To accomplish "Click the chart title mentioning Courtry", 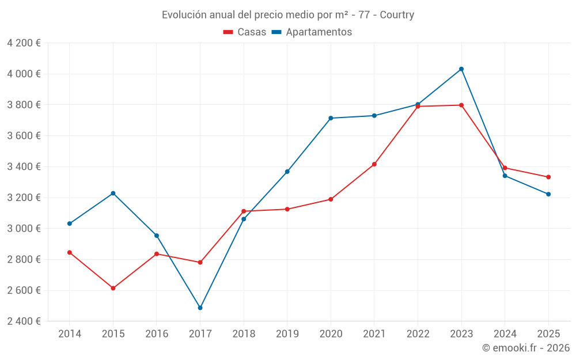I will click(288, 15).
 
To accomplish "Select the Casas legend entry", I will click(245, 32).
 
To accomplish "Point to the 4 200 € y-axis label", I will click(24, 43).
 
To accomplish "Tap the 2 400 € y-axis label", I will click(24, 321).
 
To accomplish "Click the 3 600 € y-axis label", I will click(24, 136).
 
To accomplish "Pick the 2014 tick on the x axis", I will click(70, 334).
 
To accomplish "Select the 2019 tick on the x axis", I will click(287, 334).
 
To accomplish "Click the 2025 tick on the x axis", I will click(548, 334).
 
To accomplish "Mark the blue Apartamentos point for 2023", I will click(461, 69).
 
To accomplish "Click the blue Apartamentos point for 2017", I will click(200, 308).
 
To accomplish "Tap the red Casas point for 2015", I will click(113, 288).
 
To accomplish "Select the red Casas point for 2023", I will click(461, 105).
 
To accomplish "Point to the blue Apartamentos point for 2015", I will click(113, 193).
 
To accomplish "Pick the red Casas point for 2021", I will click(374, 164).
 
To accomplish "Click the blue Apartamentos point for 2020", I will click(331, 118).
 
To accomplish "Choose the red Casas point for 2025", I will click(548, 177).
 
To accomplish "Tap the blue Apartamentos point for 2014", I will click(70, 223).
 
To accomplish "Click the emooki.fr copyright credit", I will click(526, 348).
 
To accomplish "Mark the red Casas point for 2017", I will click(200, 262).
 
